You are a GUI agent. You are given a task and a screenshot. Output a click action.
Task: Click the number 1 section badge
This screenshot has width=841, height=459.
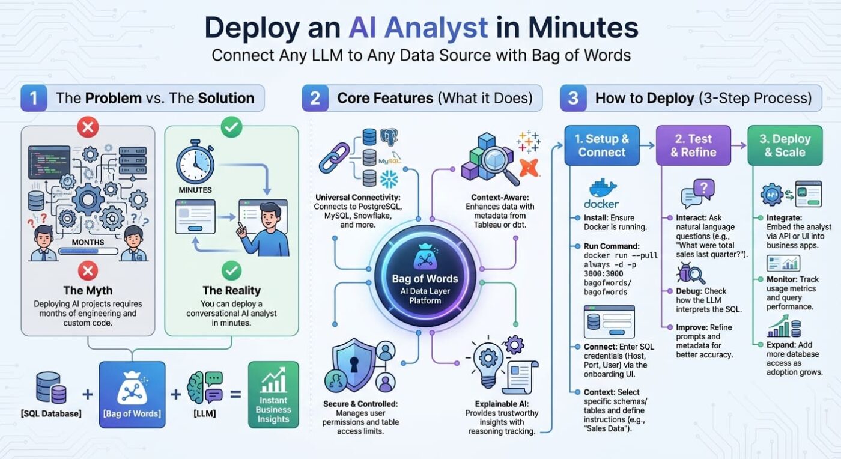pyautogui.click(x=34, y=98)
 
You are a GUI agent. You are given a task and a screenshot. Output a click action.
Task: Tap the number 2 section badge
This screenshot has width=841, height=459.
pyautogui.click(x=315, y=98)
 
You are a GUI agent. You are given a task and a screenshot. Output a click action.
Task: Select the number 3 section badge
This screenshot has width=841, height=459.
pyautogui.click(x=573, y=98)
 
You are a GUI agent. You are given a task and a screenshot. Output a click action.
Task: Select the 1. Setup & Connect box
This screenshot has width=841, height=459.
pyautogui.click(x=602, y=145)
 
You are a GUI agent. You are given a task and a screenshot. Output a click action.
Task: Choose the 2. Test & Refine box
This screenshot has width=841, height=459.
pyautogui.click(x=693, y=145)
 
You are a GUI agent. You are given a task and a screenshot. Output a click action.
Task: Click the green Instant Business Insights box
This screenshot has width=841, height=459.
pyautogui.click(x=273, y=395)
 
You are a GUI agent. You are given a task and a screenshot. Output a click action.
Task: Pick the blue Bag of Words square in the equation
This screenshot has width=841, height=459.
pyautogui.click(x=132, y=394)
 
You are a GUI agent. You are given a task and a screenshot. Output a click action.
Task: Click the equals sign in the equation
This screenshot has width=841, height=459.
pyautogui.click(x=235, y=394)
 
